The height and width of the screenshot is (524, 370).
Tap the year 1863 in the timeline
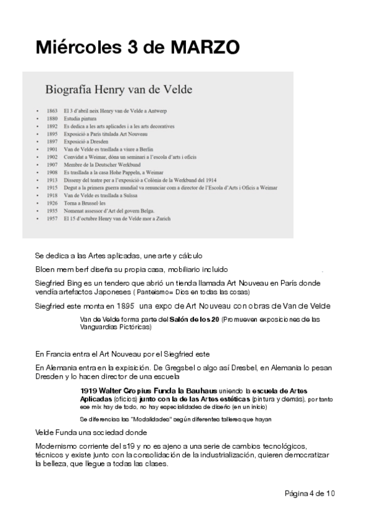[x=52, y=110]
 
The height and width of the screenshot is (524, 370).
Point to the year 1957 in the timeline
[x=52, y=218]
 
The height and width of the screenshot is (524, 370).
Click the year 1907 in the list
[x=52, y=164]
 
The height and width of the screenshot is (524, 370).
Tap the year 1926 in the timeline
[x=52, y=203]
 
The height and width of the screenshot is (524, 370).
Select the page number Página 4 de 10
[x=309, y=493]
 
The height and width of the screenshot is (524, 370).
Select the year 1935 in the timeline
[x=52, y=211]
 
